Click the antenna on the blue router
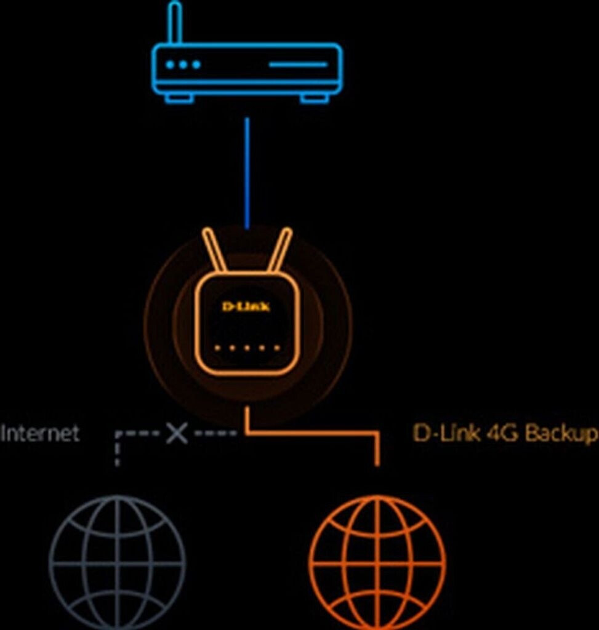[x=175, y=23]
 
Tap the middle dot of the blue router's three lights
[x=183, y=65]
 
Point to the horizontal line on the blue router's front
[x=298, y=65]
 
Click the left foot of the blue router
[x=179, y=98]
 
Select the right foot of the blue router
[x=314, y=98]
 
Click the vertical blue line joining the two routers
[x=247, y=172]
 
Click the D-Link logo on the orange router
[x=246, y=306]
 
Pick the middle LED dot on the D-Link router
[x=246, y=348]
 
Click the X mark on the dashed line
[x=177, y=433]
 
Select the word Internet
[x=40, y=433]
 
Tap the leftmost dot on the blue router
[x=171, y=65]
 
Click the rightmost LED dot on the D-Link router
[x=276, y=348]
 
